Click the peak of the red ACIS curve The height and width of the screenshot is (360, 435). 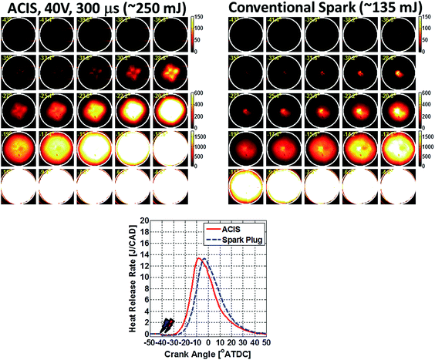[198, 258]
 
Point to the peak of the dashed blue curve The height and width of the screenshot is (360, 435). [206, 259]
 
